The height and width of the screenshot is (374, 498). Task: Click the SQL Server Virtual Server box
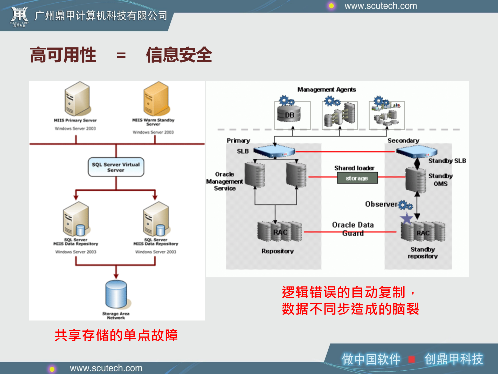[x=116, y=167]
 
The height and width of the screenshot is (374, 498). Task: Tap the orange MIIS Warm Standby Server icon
[x=157, y=99]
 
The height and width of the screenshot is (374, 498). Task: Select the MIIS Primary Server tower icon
[x=77, y=99]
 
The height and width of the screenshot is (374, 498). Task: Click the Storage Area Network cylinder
[x=116, y=294]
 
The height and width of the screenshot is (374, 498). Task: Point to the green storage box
[x=357, y=178]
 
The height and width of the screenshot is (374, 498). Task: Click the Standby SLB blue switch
[x=417, y=151]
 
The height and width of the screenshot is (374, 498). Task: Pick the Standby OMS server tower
[x=416, y=180]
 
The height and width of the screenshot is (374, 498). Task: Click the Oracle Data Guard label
[x=353, y=229]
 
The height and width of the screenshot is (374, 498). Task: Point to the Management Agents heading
[x=327, y=90]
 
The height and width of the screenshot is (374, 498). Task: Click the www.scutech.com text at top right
[x=381, y=6]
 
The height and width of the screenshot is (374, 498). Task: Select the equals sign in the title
[x=121, y=55]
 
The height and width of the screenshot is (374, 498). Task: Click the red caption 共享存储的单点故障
[x=116, y=335]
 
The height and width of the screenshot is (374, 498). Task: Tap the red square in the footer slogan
[x=411, y=359]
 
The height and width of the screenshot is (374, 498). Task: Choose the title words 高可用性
[x=63, y=55]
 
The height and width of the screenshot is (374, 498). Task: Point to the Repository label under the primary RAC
[x=278, y=251]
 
